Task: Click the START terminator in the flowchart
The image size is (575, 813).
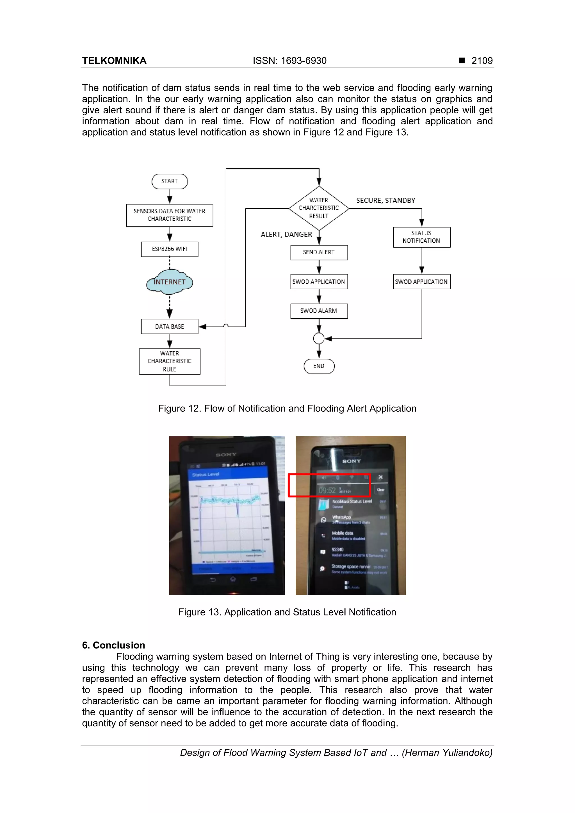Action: pos(169,181)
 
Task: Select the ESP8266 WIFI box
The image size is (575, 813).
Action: pos(169,249)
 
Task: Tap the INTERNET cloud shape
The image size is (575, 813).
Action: pos(169,282)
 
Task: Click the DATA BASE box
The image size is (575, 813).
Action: pos(169,326)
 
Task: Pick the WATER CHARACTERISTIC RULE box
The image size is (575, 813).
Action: pos(169,361)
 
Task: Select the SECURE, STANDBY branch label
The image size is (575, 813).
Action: pos(385,200)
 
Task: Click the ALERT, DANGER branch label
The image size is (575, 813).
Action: pos(286,234)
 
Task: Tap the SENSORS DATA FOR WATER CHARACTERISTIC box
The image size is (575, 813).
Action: pos(169,215)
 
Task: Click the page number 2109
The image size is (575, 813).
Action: pos(482,61)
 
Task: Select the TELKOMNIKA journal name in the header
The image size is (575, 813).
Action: pos(114,61)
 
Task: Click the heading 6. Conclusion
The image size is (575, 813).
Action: pos(113,645)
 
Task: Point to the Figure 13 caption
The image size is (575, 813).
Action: pos(287,612)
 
